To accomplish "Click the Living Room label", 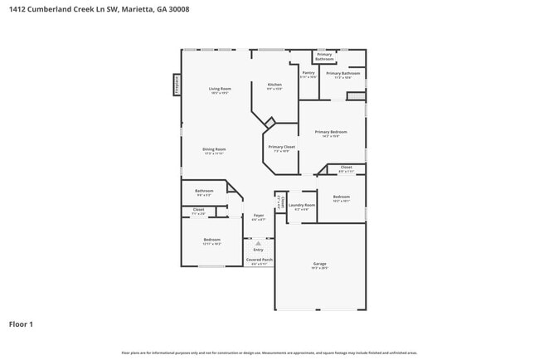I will click(x=220, y=89).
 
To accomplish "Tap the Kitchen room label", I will click(x=274, y=85).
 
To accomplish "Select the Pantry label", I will click(x=308, y=73).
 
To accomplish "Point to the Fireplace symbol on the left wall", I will click(x=176, y=85).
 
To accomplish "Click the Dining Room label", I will click(x=214, y=149).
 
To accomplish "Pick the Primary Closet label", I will click(x=279, y=147).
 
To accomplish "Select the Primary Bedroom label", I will click(x=330, y=132).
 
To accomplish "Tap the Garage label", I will click(x=319, y=265).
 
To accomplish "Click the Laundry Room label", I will click(x=302, y=205).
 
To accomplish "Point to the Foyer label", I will click(x=259, y=216).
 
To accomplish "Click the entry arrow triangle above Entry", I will click(x=258, y=243).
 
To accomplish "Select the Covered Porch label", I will click(x=259, y=260).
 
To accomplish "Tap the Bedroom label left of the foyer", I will click(x=212, y=240).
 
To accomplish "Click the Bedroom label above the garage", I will click(x=341, y=197).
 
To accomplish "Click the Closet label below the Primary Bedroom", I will click(x=346, y=167).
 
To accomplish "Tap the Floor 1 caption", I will click(x=21, y=324).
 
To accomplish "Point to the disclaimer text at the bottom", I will click(x=269, y=353).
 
